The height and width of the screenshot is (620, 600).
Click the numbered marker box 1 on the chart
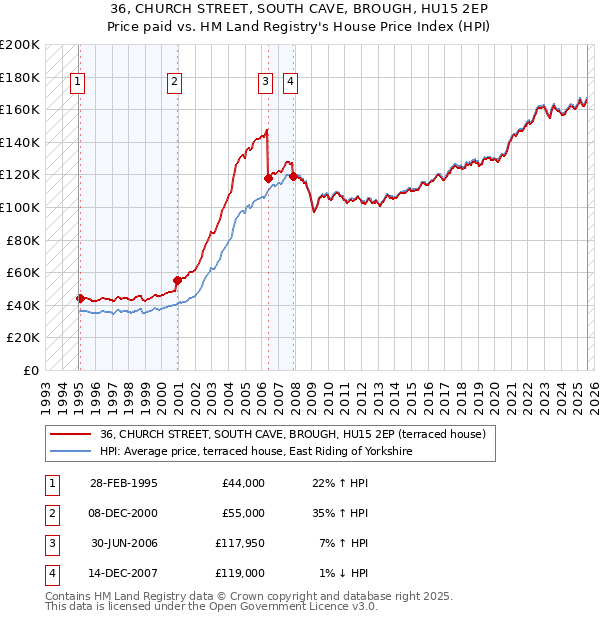click(77, 83)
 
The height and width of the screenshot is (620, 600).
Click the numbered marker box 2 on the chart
click(174, 83)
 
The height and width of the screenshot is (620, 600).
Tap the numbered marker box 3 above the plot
click(265, 83)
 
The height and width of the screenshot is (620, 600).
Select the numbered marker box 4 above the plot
click(289, 83)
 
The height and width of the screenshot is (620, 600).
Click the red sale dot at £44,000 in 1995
click(80, 298)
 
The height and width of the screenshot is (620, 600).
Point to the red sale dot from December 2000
click(177, 280)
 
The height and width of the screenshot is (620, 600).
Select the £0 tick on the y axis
click(30, 370)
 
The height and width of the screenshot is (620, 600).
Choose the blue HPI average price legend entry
click(256, 452)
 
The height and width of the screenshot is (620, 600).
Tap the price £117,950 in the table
click(240, 544)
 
